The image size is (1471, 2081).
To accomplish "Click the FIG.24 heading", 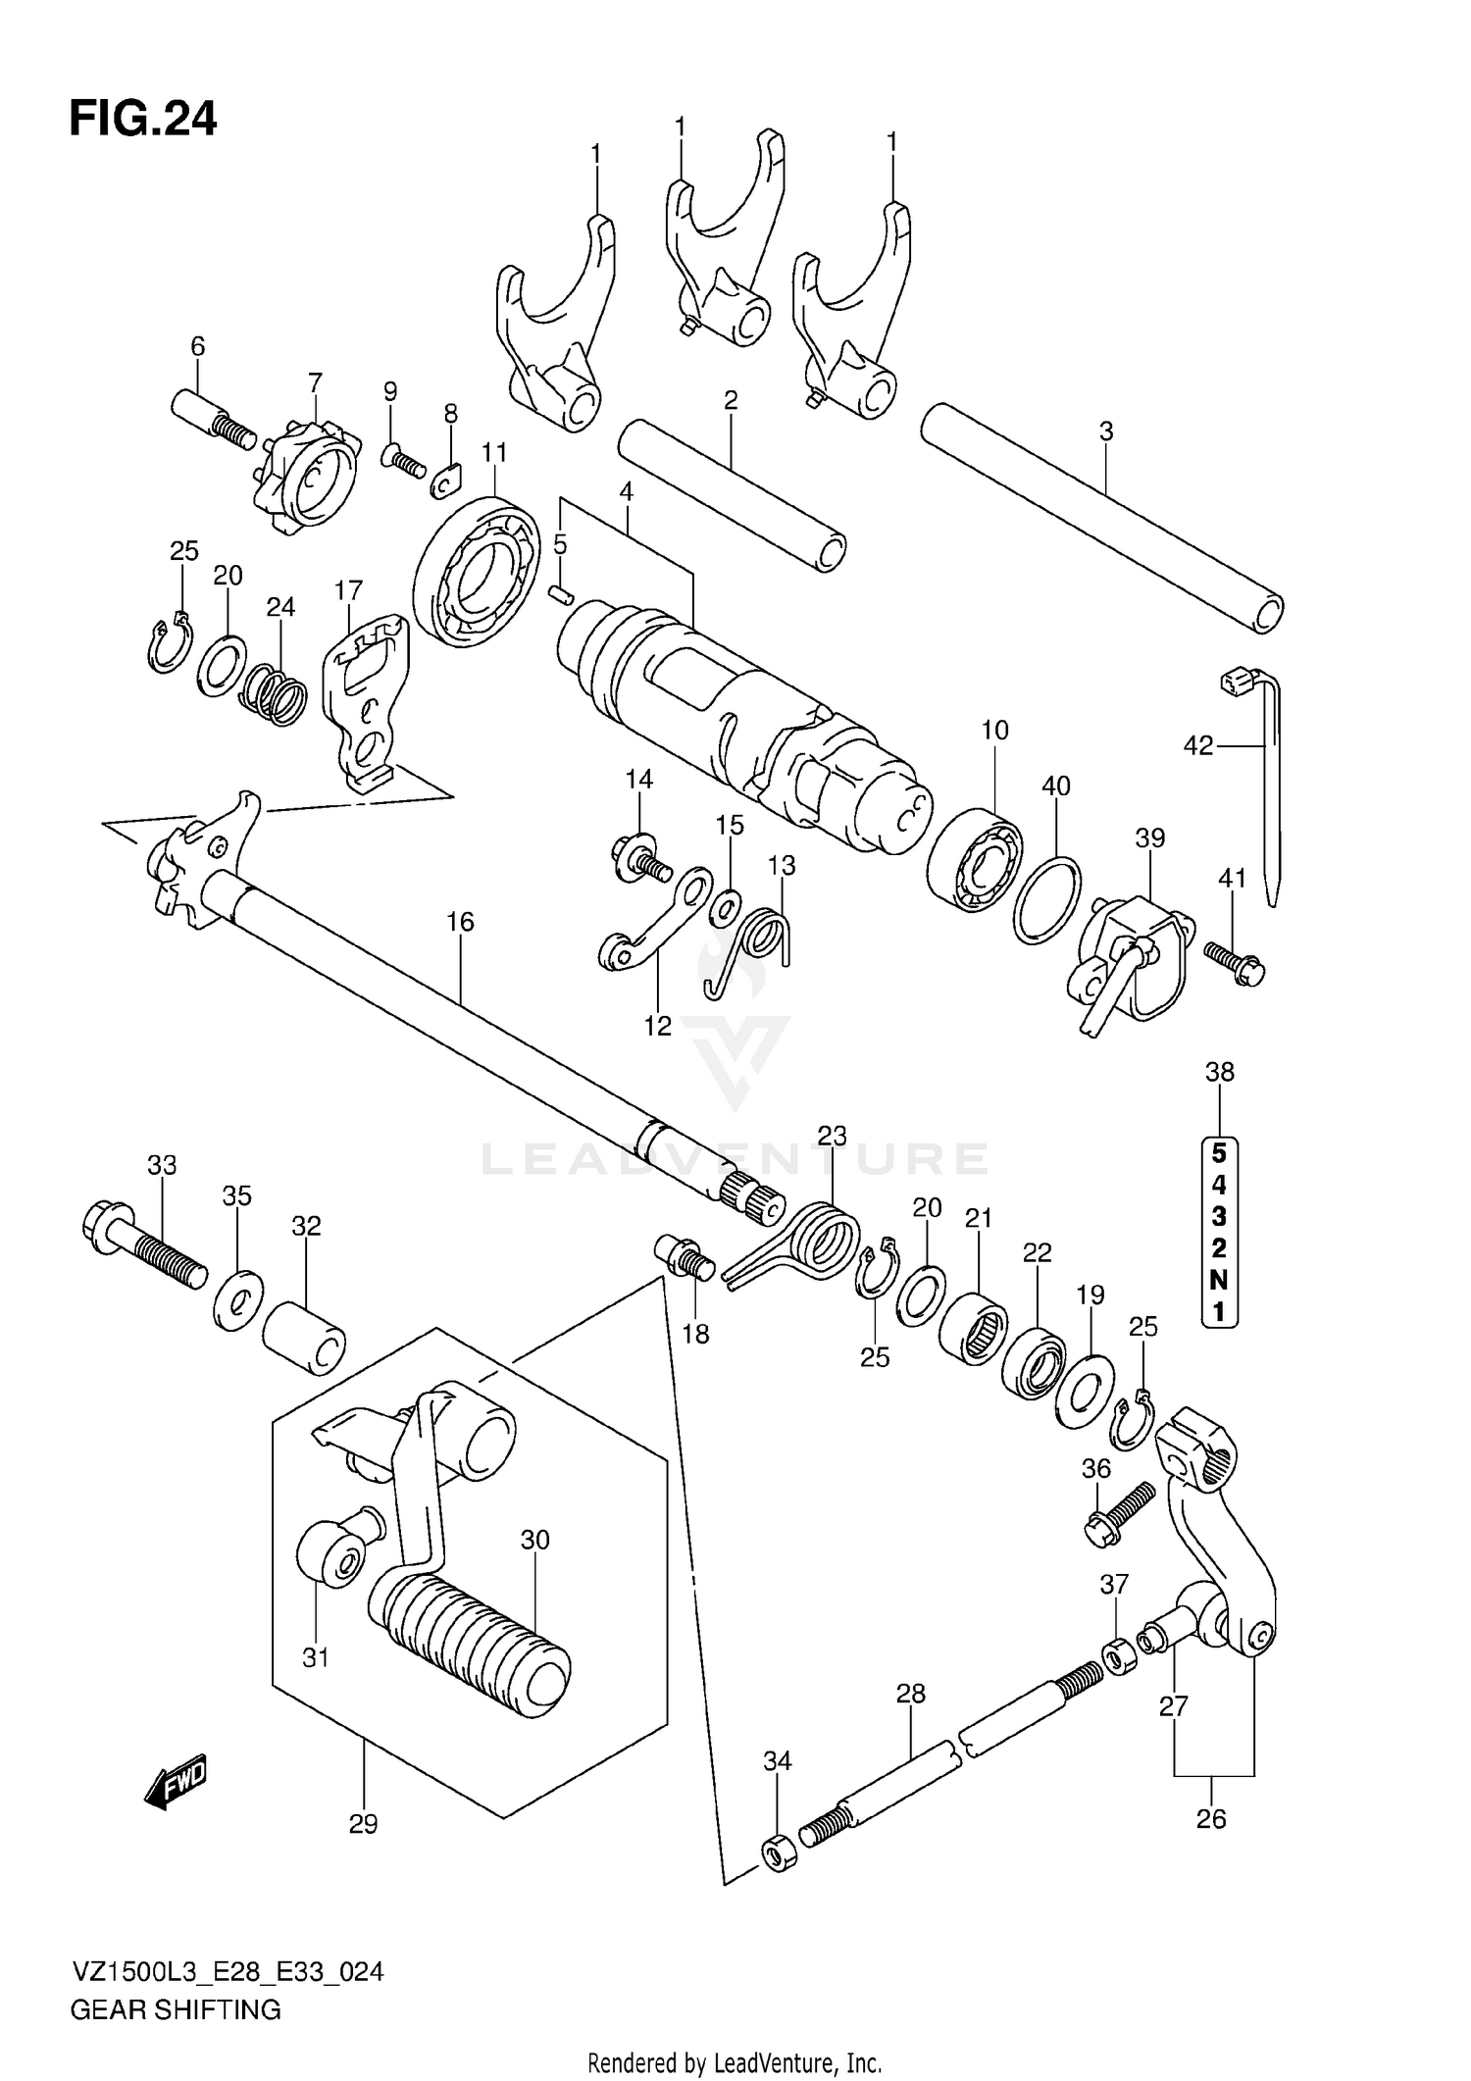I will pyautogui.click(x=143, y=119).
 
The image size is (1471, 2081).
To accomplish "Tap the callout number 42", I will pyautogui.click(x=1197, y=747).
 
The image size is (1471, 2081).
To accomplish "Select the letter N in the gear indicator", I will pyautogui.click(x=1218, y=1280).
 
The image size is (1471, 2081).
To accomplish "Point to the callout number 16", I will pyautogui.click(x=459, y=922).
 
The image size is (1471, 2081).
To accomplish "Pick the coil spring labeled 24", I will pyautogui.click(x=274, y=694).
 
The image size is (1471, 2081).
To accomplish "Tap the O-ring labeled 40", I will pyautogui.click(x=1047, y=899).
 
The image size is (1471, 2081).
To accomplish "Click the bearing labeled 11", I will pyautogui.click(x=478, y=572).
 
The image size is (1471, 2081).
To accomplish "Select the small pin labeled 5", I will pyautogui.click(x=561, y=594).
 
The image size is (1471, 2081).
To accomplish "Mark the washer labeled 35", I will pyautogui.click(x=236, y=1299).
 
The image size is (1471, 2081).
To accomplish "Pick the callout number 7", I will pyautogui.click(x=315, y=382).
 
